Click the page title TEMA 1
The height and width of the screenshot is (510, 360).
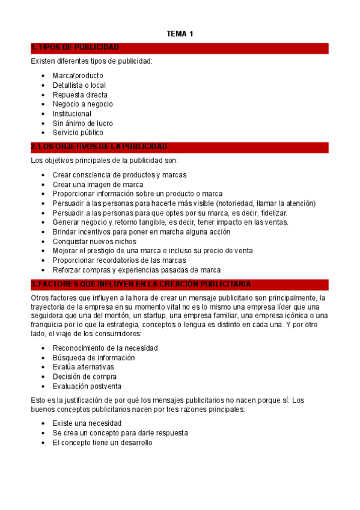tap(180, 34)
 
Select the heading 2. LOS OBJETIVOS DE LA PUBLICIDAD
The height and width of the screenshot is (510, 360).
tap(99, 147)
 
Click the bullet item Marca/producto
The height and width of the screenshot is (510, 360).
tap(78, 76)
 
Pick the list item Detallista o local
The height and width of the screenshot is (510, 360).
tap(79, 85)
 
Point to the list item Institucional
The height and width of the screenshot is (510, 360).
tap(72, 114)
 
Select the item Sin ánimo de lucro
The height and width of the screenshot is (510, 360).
tap(82, 123)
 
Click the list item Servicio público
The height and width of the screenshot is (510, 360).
tap(78, 133)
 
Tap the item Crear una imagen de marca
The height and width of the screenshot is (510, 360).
tap(97, 184)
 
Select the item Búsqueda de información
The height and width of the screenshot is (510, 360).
tap(93, 358)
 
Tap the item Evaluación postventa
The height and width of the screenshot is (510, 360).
tap(87, 387)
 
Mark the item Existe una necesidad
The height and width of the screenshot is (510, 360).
tap(86, 423)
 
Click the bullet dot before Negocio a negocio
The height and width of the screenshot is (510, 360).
tap(43, 105)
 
